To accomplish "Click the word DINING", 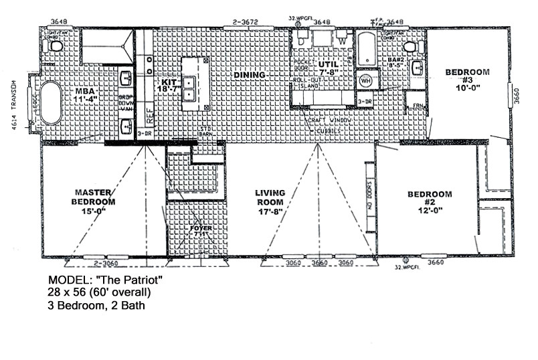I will pos(249,75).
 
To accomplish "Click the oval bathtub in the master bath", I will pos(51,102).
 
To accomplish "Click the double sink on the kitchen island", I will pos(190,88).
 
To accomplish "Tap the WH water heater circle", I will pos(365,81).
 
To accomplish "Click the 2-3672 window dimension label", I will pos(246,22).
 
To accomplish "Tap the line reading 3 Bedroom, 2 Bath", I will pos(97,306).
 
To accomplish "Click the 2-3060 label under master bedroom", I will pos(106,264).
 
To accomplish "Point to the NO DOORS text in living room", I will pos(369,197).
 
